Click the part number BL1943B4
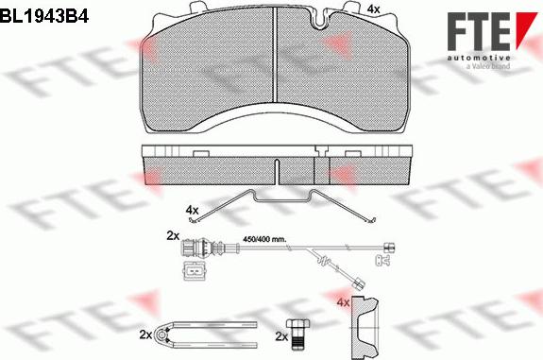pyautogui.click(x=44, y=16)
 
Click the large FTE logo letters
pyautogui.click(x=478, y=31)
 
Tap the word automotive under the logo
pyautogui.click(x=478, y=58)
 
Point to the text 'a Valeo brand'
pyautogui.click(x=488, y=66)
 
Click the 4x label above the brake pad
pyautogui.click(x=373, y=9)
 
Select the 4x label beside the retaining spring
pyautogui.click(x=193, y=210)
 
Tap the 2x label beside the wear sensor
pyautogui.click(x=173, y=236)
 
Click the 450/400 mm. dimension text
pyautogui.click(x=264, y=239)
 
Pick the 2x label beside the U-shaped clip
pyautogui.click(x=145, y=334)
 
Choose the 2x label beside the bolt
pyautogui.click(x=282, y=336)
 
